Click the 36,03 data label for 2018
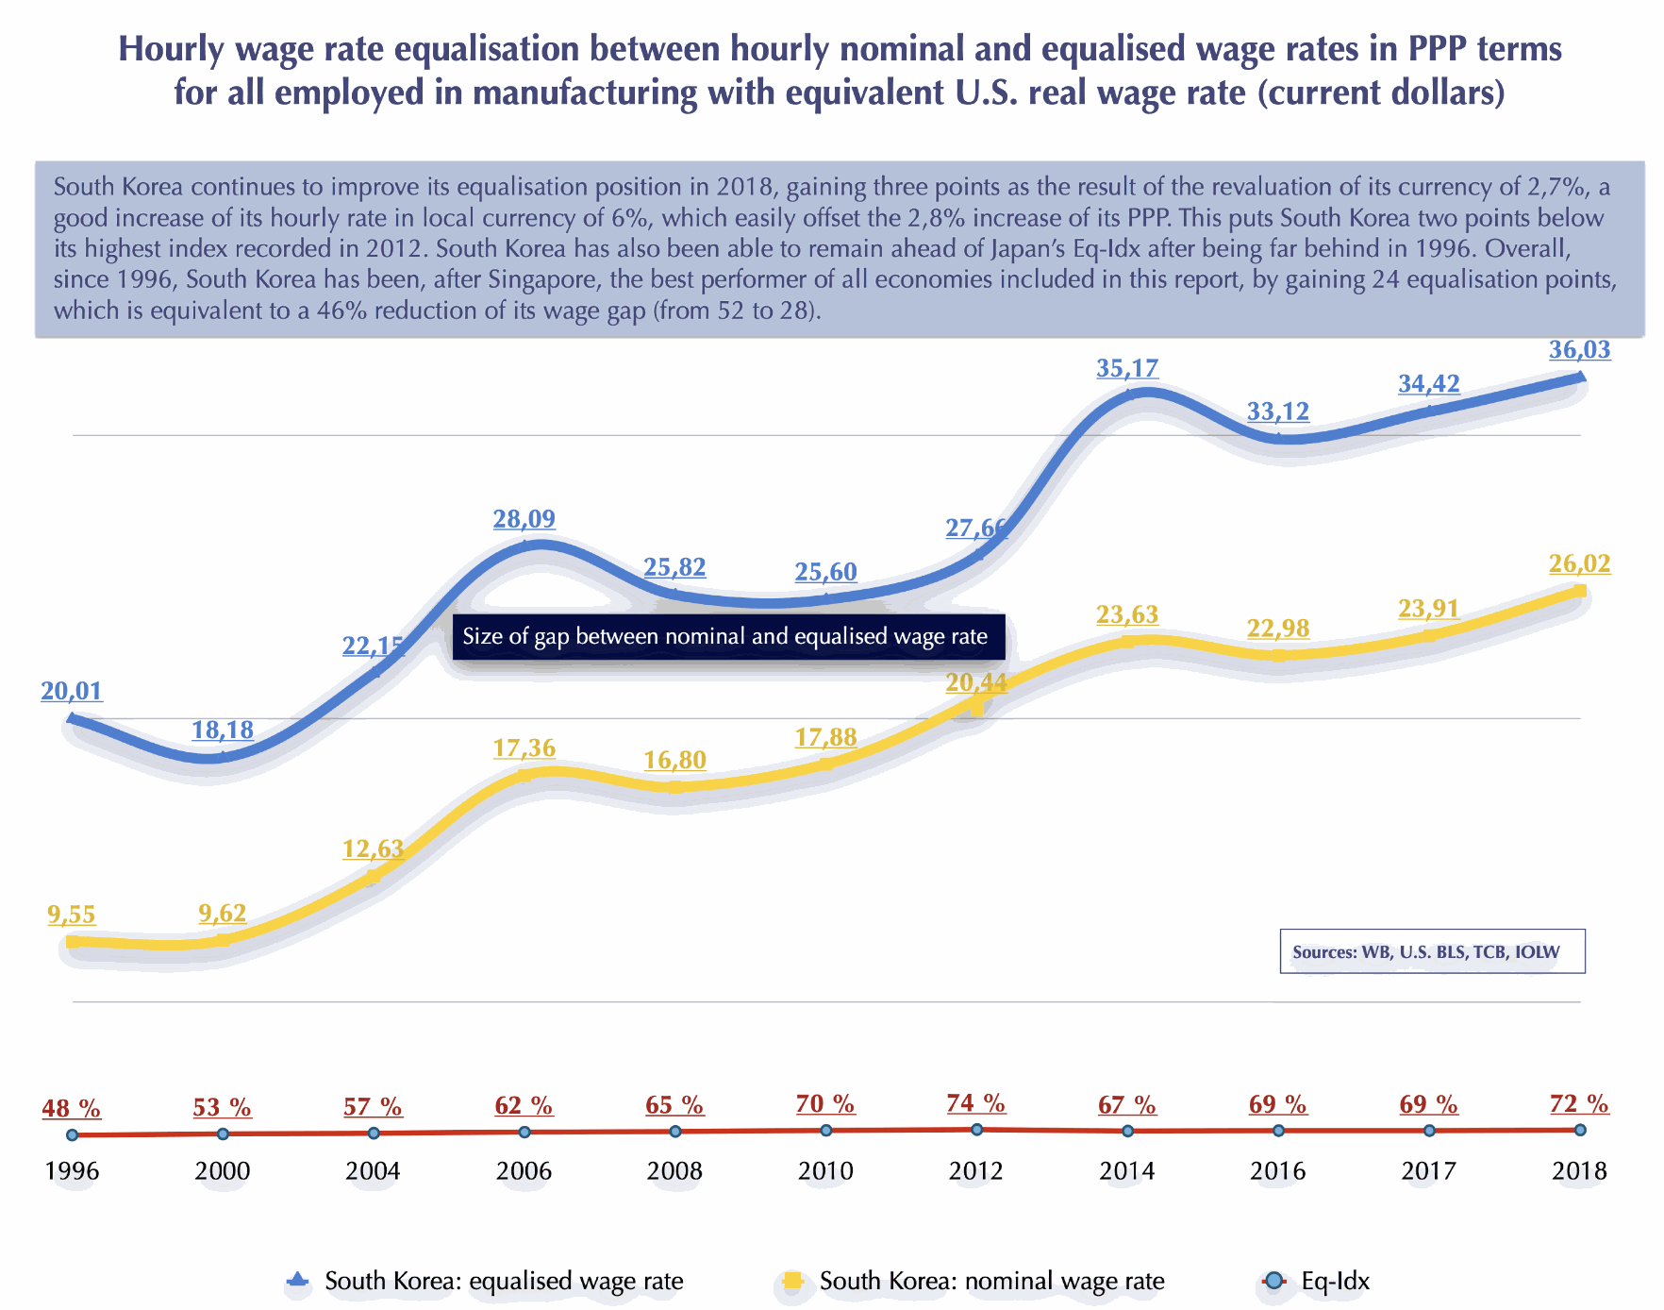tap(1579, 350)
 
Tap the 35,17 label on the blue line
tap(1127, 368)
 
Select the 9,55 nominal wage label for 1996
tap(72, 915)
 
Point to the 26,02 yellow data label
tap(1579, 564)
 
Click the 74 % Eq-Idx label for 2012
tap(976, 1103)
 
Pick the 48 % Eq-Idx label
tap(72, 1108)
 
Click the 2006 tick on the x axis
tap(524, 1171)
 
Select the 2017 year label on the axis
tap(1428, 1171)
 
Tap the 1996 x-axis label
tap(72, 1171)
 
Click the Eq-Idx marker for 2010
tap(825, 1130)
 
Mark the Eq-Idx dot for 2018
tap(1579, 1130)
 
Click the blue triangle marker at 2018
tap(1579, 378)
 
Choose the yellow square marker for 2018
tap(1579, 592)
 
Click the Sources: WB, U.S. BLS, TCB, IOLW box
tap(1432, 951)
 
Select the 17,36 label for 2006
tap(524, 748)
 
